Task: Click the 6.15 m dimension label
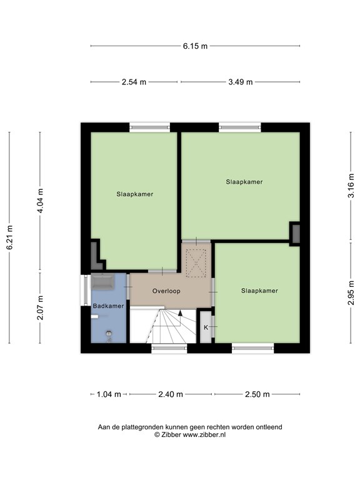(195, 46)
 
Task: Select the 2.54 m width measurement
(134, 82)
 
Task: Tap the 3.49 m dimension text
(240, 82)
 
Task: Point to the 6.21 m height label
(9, 237)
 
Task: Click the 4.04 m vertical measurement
(40, 201)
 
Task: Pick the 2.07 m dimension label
(40, 307)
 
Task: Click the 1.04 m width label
(109, 394)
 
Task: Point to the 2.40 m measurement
(171, 394)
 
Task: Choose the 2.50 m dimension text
(257, 394)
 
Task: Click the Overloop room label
(166, 291)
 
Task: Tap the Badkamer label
(108, 306)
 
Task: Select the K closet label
(206, 327)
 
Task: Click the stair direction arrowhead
(180, 313)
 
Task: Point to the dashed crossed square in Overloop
(196, 263)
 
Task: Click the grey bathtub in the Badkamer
(103, 282)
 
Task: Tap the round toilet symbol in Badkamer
(109, 334)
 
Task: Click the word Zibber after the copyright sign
(171, 434)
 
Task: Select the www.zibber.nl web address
(204, 434)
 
